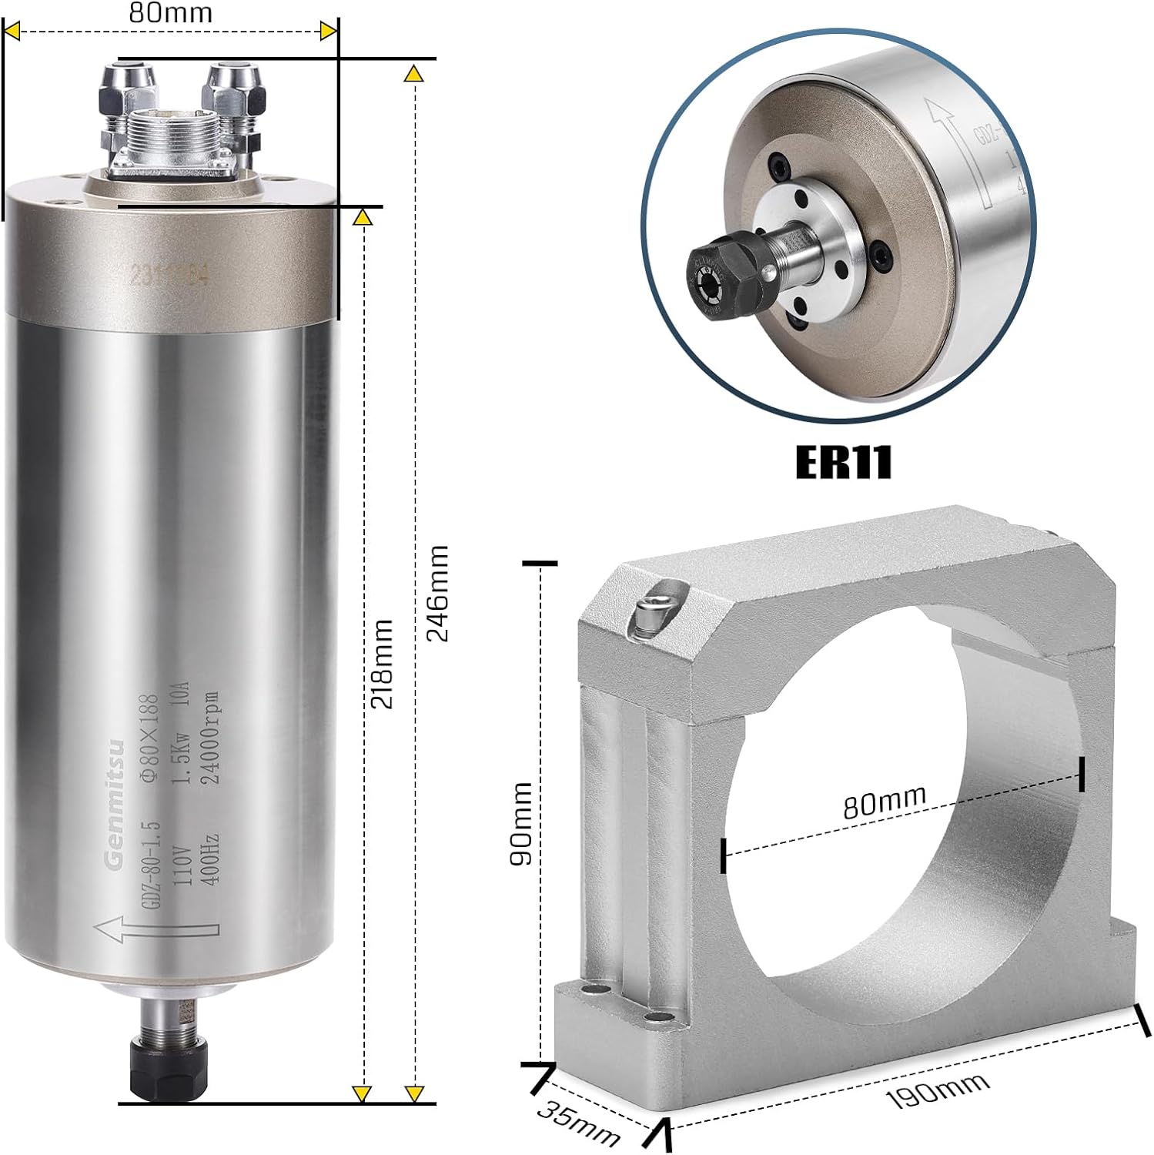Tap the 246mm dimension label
[x=437, y=593]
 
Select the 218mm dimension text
[x=382, y=663]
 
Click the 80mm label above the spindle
[x=171, y=12]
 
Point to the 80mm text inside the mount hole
[x=885, y=801]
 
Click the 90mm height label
[x=521, y=823]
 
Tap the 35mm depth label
[x=578, y=1123]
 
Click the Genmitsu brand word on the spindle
[x=115, y=805]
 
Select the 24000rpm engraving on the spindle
[x=210, y=738]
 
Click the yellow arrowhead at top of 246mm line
[x=414, y=75]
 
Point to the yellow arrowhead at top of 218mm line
[x=363, y=218]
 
